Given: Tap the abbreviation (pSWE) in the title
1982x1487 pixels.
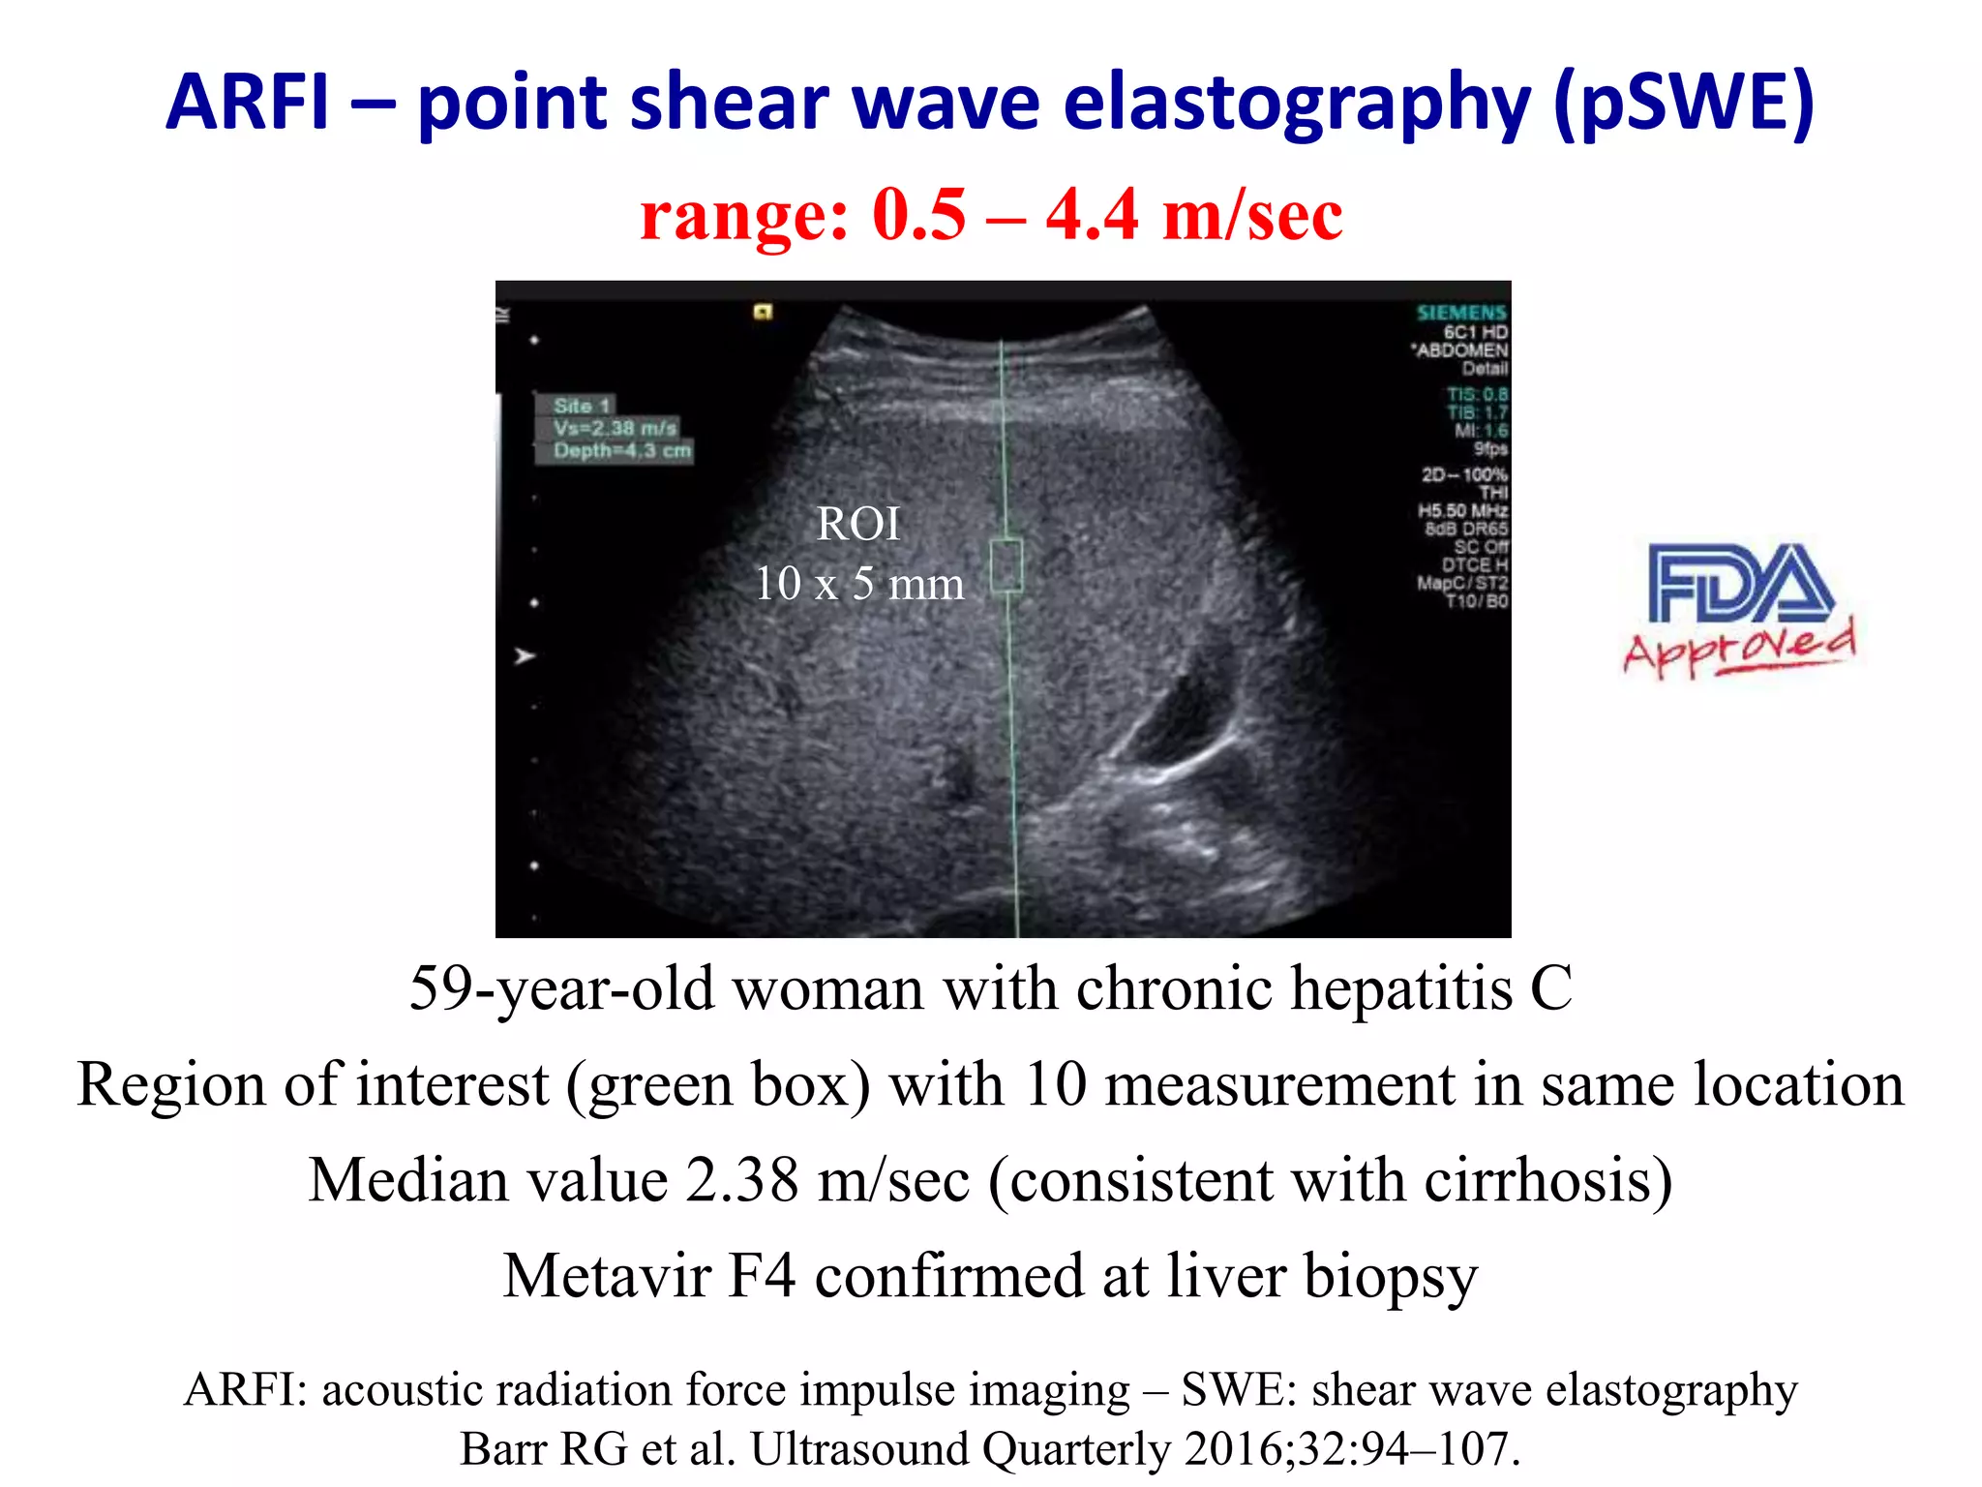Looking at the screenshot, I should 1683,105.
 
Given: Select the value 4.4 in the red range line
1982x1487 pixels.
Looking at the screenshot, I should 1092,215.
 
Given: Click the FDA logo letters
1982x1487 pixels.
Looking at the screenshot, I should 1740,583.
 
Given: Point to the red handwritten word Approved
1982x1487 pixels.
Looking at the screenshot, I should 1740,647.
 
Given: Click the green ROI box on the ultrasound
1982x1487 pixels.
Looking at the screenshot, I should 1006,565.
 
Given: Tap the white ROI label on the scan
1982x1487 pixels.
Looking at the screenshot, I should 858,525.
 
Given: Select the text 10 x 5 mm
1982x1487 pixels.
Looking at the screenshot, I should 858,584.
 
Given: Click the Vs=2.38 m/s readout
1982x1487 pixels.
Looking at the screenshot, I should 616,428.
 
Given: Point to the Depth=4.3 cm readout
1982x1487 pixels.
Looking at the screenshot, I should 622,451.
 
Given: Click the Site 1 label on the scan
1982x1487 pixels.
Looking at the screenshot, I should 582,406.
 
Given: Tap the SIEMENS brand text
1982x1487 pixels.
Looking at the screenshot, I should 1461,313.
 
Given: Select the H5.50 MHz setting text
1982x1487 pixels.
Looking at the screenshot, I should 1462,510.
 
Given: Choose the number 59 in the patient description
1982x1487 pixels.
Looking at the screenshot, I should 439,988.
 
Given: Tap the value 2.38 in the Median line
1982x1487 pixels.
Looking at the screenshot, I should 741,1180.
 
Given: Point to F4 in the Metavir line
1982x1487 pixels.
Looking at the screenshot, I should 762,1275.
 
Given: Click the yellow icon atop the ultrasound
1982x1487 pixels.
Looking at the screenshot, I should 764,312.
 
